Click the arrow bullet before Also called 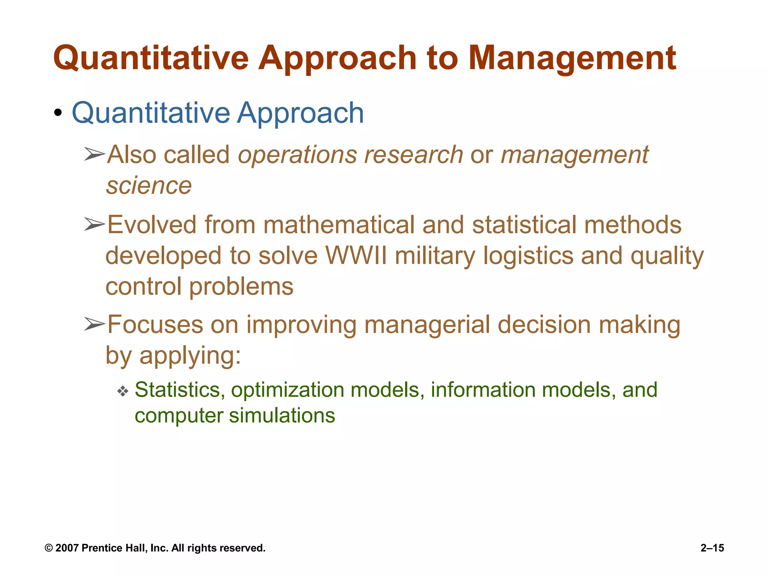tap(94, 154)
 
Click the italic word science tap(149, 186)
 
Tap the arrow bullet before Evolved tap(94, 224)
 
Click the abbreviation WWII tap(356, 256)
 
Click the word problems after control tap(241, 287)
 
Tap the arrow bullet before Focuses tap(94, 324)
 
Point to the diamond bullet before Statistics tap(123, 391)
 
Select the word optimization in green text tap(288, 390)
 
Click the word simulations tap(282, 416)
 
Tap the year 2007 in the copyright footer tap(67, 548)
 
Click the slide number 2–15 tap(712, 548)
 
